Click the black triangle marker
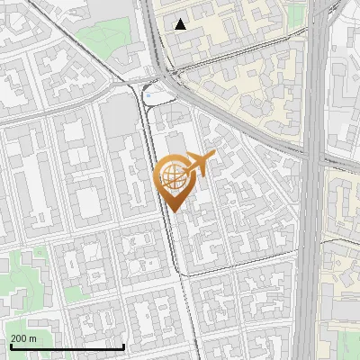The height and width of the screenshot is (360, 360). coord(181,24)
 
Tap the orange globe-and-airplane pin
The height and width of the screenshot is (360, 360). coord(177,180)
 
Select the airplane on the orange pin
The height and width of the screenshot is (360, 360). coord(198,166)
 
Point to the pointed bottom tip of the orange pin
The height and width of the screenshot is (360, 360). coord(172,212)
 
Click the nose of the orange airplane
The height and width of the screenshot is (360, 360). coord(214,157)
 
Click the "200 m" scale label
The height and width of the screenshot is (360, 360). coord(24,338)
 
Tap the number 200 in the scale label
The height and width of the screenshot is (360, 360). coord(19,338)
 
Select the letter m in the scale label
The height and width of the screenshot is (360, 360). coord(32,338)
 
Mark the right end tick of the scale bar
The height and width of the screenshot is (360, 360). coord(123,345)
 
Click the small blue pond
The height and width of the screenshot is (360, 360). coord(149,93)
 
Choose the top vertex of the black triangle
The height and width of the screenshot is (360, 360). coord(181,19)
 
